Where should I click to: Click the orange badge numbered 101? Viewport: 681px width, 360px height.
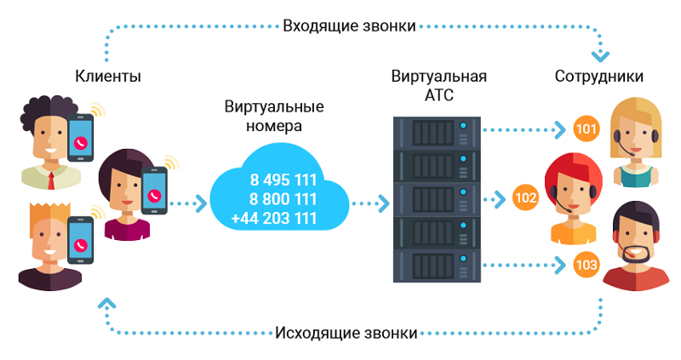tap(587, 129)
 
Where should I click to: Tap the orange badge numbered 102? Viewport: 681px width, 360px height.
tap(525, 198)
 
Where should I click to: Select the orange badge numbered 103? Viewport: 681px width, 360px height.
tap(587, 265)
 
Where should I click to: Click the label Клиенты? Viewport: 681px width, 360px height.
tap(108, 77)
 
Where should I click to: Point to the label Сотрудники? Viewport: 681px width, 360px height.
tap(599, 77)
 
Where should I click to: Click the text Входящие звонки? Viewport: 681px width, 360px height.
tap(349, 26)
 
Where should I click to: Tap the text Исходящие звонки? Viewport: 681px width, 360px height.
tap(346, 333)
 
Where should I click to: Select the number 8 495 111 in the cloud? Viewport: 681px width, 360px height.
tap(283, 180)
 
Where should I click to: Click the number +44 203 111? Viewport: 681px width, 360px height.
tap(274, 218)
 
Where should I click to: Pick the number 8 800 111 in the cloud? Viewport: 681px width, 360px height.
tap(283, 199)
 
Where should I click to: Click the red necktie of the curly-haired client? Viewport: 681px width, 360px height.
tap(51, 180)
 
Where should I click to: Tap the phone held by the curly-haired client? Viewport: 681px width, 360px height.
tap(80, 138)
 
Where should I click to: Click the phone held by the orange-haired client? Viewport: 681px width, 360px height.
tap(80, 240)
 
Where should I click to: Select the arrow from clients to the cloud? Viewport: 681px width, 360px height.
tap(187, 203)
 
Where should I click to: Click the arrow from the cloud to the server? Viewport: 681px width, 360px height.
tap(370, 203)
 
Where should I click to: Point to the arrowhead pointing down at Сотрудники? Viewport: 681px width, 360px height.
tap(601, 56)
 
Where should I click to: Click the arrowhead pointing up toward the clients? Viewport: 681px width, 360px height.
tap(107, 303)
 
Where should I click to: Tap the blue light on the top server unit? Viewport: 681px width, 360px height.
tap(463, 126)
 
